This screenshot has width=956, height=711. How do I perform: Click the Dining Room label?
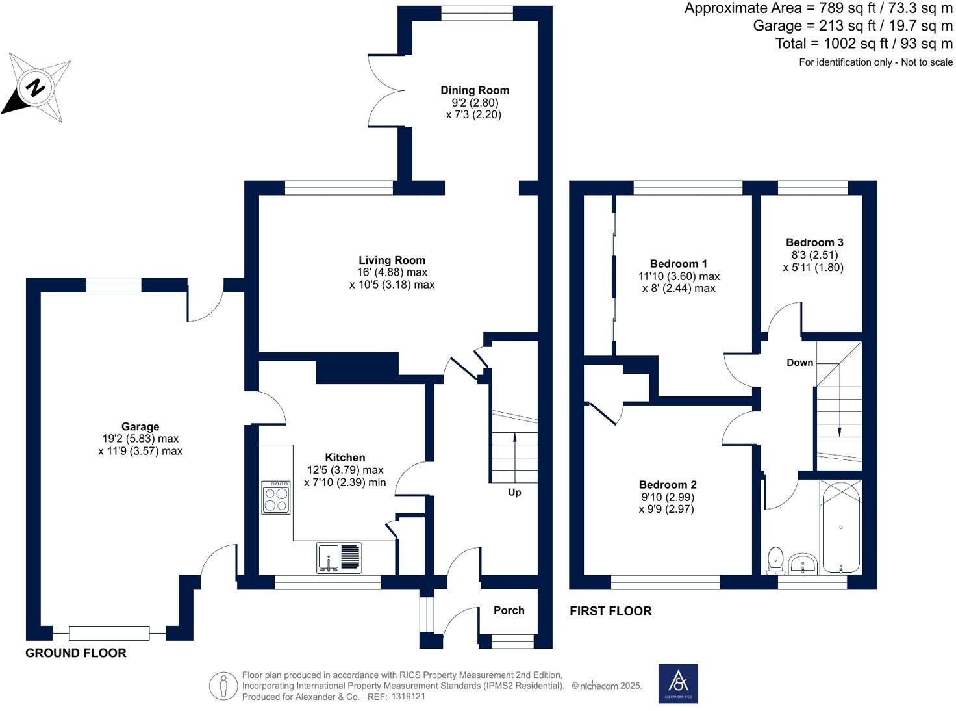click(x=475, y=90)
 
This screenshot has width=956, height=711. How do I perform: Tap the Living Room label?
click(x=392, y=260)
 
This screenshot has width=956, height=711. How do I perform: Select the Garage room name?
click(x=140, y=426)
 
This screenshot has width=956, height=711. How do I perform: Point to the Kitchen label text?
click(x=345, y=458)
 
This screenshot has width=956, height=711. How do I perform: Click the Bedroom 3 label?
click(x=814, y=242)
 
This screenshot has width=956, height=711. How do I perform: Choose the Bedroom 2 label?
click(x=668, y=484)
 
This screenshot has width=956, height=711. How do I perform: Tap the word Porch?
click(x=509, y=610)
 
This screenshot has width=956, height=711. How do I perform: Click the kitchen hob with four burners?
click(x=276, y=498)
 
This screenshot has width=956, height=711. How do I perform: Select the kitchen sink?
click(x=339, y=558)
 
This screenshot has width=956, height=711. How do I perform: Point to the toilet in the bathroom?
click(x=775, y=560)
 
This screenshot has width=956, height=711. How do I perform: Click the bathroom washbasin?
click(x=803, y=564)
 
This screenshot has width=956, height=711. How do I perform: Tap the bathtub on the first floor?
click(x=840, y=526)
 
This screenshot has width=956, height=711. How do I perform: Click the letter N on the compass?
click(x=36, y=88)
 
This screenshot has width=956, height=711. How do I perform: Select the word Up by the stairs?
click(x=514, y=493)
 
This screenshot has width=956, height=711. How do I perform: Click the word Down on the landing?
click(x=799, y=363)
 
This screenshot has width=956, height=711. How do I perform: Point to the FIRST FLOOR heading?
click(x=610, y=611)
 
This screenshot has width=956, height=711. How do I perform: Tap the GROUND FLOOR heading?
click(x=76, y=653)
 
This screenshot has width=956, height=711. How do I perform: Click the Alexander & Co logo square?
click(x=678, y=684)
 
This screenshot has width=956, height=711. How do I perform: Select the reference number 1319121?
click(x=408, y=697)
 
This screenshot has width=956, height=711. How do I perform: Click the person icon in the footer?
click(x=223, y=686)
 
